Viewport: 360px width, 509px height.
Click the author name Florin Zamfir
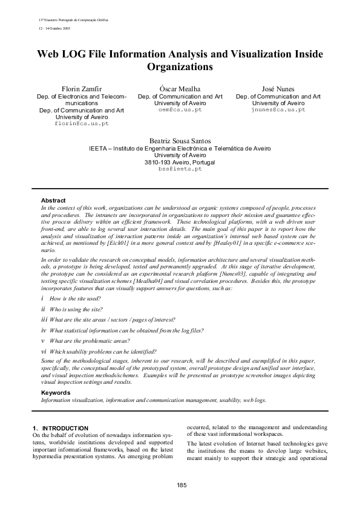[81, 89]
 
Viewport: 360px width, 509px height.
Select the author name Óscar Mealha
[180, 89]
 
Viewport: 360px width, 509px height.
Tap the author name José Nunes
[278, 89]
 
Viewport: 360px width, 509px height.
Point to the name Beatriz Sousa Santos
[180, 141]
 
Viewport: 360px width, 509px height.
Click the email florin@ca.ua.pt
[81, 123]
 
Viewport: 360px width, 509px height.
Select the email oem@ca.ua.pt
[180, 111]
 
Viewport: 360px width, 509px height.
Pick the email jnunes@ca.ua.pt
[278, 111]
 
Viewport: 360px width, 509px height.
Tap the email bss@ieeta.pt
[180, 169]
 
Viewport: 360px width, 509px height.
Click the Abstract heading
[53, 200]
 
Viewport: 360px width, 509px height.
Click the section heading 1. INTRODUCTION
[61, 428]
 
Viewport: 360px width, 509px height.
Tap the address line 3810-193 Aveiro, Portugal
[180, 162]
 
